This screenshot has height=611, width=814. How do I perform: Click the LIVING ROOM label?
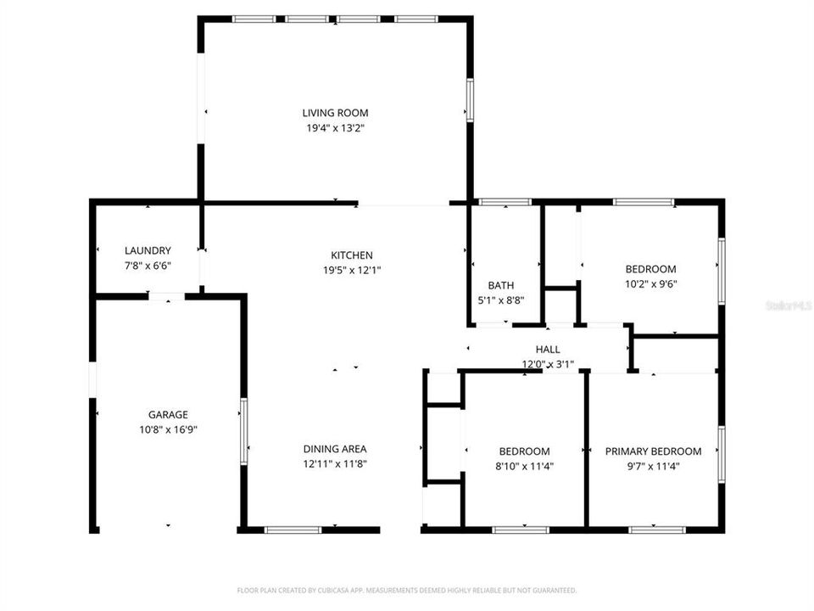pos(336,113)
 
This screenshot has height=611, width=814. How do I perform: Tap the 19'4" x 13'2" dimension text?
pos(336,128)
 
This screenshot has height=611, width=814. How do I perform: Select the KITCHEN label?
pos(352,255)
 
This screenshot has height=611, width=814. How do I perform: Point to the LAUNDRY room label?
pos(148,250)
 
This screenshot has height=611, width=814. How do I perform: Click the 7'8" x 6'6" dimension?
pos(148,266)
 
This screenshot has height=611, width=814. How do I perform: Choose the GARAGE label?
pos(168,415)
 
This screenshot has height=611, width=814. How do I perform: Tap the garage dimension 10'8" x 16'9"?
pos(168,429)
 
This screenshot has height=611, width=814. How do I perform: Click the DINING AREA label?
pos(335,449)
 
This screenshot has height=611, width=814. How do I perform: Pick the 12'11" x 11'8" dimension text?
pos(335,463)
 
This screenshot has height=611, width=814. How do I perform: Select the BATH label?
pos(500,285)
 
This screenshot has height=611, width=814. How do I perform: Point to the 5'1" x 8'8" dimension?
pos(500,300)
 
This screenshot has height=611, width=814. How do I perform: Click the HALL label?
pos(548,349)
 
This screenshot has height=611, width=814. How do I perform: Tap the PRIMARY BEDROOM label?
pos(653,451)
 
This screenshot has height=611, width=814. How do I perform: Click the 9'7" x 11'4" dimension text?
pos(653,466)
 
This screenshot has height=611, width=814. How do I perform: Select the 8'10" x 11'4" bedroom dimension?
pos(524,466)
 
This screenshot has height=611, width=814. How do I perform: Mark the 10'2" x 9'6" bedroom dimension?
pos(650,284)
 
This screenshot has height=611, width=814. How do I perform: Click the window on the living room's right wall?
pos(469,100)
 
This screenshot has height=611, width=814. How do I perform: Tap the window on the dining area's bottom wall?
pos(293,530)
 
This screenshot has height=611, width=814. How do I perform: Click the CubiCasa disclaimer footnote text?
pos(407,590)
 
